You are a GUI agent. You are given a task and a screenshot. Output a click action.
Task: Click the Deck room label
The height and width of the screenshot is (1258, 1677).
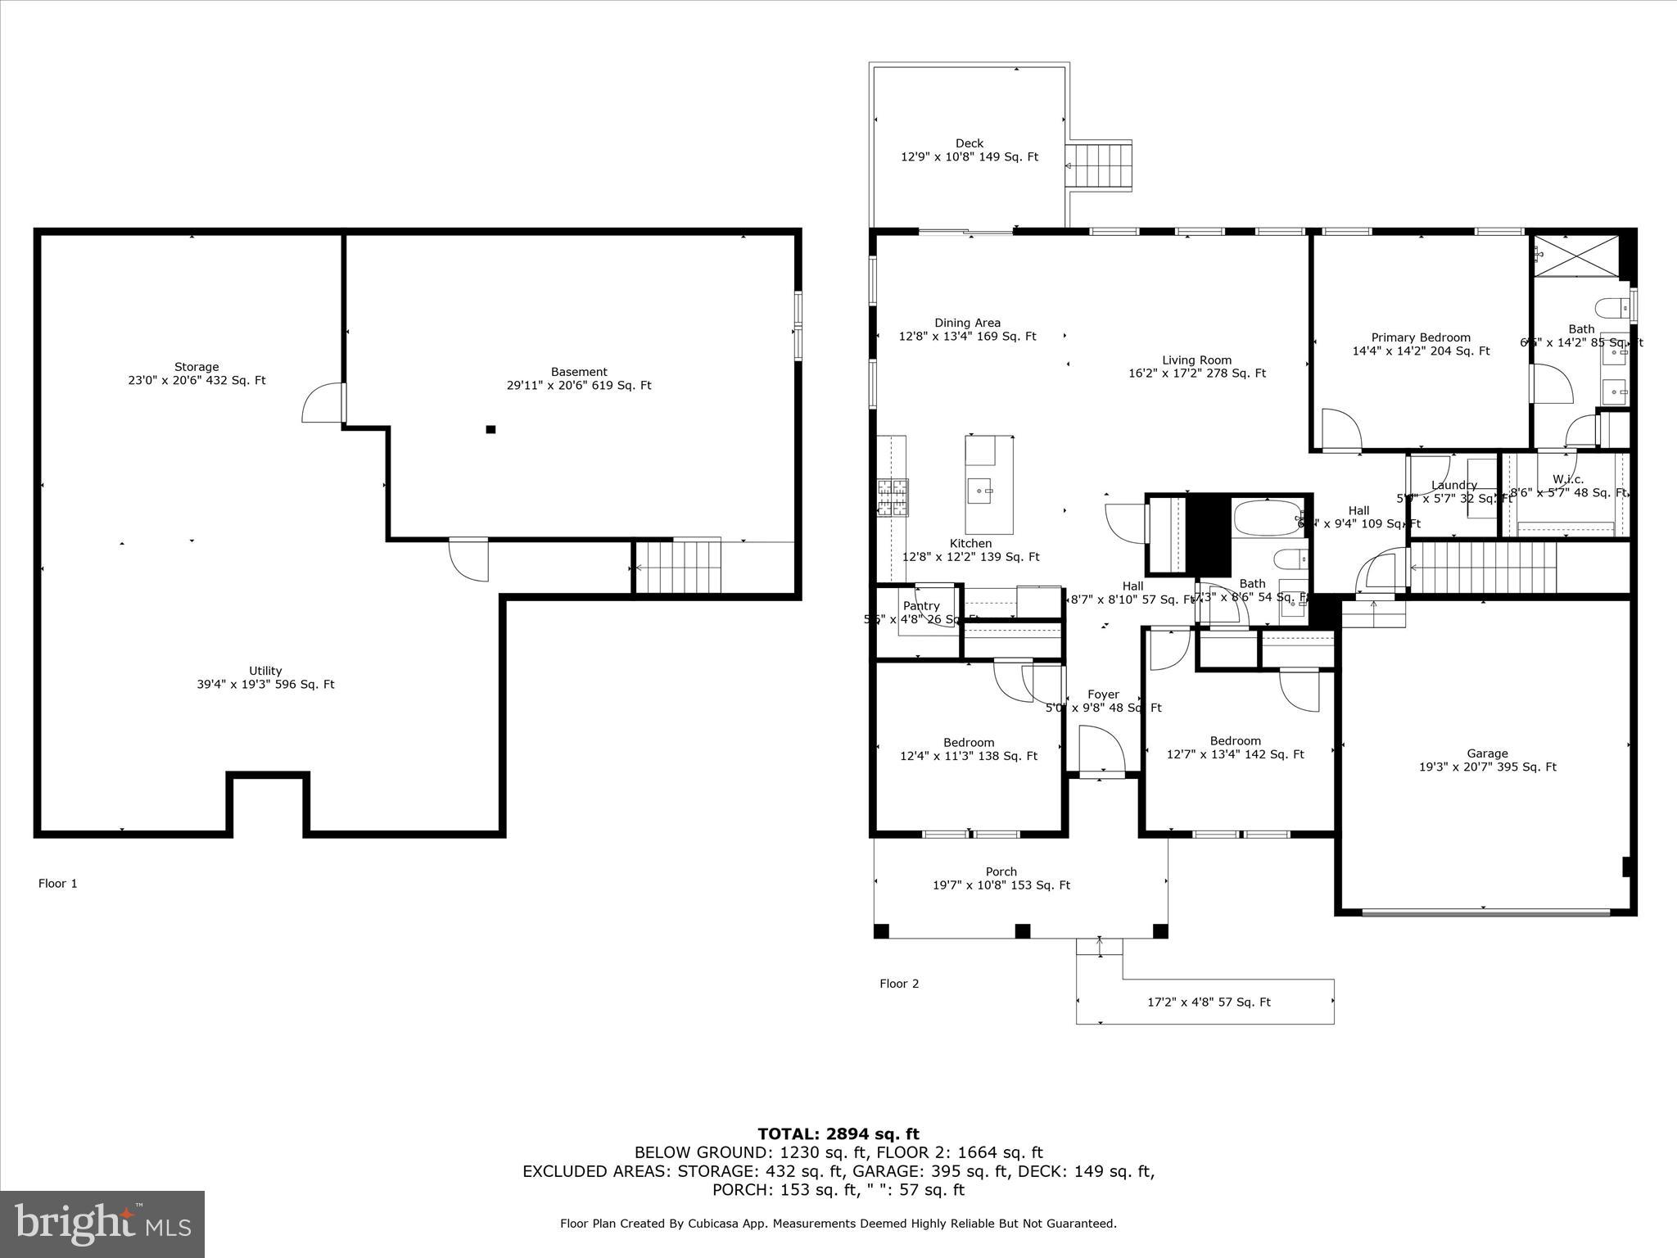[970, 150]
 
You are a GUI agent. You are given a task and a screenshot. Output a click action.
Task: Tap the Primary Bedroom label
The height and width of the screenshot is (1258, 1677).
[1421, 344]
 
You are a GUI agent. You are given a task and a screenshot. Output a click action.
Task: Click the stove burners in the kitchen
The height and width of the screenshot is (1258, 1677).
[893, 498]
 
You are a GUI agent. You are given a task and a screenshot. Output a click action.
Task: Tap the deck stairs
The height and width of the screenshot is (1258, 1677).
[1099, 165]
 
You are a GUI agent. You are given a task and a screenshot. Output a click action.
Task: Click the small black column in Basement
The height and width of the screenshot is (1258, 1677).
[490, 429]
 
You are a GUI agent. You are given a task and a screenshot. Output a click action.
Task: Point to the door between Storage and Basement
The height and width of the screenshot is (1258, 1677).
[324, 403]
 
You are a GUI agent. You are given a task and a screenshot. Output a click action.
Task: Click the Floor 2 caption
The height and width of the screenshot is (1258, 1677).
[899, 984]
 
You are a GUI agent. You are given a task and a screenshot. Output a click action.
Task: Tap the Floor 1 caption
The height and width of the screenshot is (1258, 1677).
[57, 883]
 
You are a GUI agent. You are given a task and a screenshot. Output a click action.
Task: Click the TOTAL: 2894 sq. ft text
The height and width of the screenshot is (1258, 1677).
[838, 1134]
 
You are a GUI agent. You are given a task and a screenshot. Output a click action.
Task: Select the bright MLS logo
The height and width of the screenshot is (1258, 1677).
[102, 1224]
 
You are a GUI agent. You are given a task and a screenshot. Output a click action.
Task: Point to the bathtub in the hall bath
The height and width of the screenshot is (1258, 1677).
[1265, 518]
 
